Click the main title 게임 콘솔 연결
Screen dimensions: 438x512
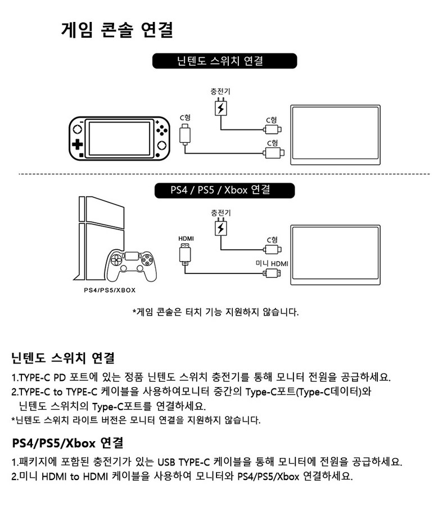(x=117, y=30)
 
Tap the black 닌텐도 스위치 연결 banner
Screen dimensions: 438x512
(x=224, y=61)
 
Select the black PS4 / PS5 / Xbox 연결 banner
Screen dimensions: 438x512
(x=224, y=190)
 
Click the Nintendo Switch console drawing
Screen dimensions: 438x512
(x=119, y=138)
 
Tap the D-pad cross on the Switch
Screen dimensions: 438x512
(x=78, y=145)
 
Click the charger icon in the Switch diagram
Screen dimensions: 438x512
(x=221, y=107)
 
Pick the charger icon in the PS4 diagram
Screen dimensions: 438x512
(x=221, y=227)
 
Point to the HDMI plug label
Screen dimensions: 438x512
(x=186, y=239)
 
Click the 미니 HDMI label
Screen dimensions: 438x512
(x=272, y=263)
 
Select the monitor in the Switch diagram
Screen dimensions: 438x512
(x=336, y=135)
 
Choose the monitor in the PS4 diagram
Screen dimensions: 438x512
(x=336, y=255)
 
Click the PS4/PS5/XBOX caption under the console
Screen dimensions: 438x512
(x=110, y=290)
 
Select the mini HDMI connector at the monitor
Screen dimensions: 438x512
(x=272, y=273)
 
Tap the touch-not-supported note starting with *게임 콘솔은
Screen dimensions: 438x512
(x=216, y=312)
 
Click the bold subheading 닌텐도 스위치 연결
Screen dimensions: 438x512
(x=62, y=358)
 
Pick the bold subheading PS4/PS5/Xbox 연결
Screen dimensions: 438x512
(x=67, y=443)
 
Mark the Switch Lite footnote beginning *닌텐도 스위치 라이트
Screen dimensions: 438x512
(x=136, y=420)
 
